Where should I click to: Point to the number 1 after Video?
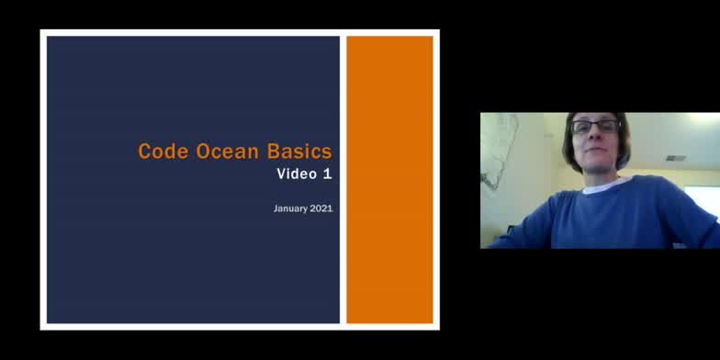tap(327, 174)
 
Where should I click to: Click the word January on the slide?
tap(292, 208)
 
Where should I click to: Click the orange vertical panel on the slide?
tap(389, 179)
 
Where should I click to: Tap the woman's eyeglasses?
tap(595, 127)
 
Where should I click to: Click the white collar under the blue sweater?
tap(602, 186)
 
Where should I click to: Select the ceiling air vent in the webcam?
tap(676, 158)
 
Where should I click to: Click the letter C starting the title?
tap(144, 152)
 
